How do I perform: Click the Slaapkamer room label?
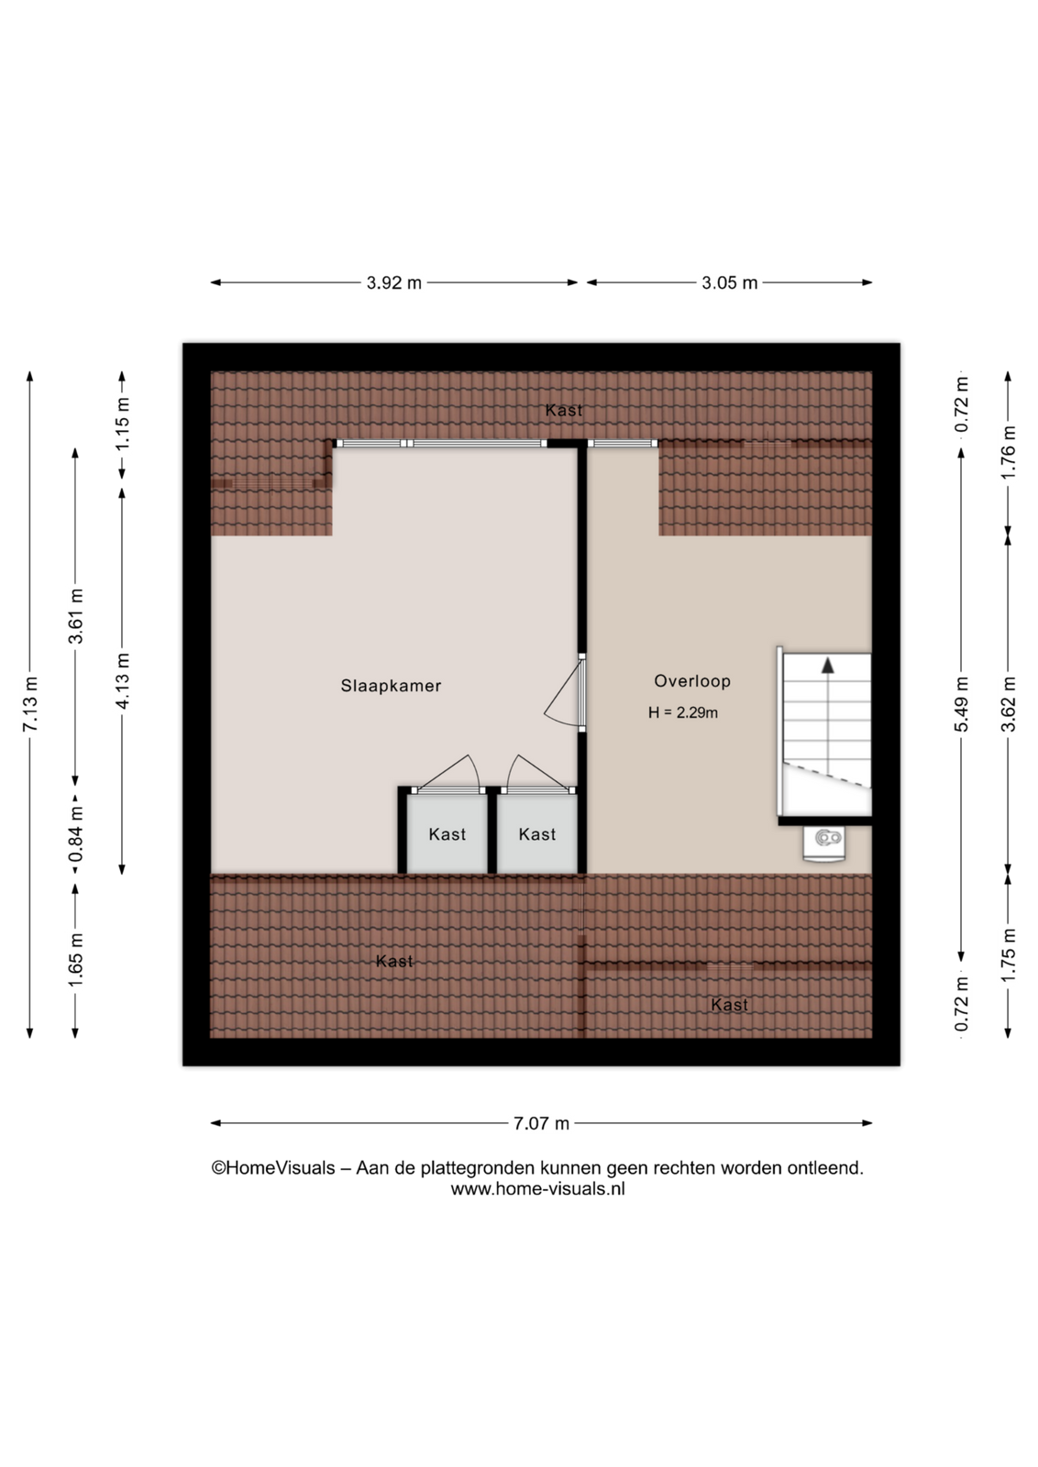(391, 686)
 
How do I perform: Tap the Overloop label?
(692, 681)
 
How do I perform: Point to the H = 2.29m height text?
(683, 712)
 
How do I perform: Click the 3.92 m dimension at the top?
(393, 283)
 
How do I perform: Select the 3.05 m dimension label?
(730, 283)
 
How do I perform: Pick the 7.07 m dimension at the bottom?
(541, 1123)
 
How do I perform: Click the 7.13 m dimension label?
(30, 705)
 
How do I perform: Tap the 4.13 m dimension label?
(123, 680)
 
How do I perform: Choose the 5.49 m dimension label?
(961, 705)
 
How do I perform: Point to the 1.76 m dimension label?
(1008, 453)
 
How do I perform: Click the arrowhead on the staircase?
(828, 665)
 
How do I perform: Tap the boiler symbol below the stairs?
(824, 844)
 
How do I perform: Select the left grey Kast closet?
(447, 833)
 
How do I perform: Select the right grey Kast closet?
(537, 833)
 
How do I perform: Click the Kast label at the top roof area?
(564, 411)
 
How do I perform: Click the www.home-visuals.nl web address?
(537, 1188)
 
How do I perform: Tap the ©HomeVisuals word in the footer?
(273, 1168)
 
